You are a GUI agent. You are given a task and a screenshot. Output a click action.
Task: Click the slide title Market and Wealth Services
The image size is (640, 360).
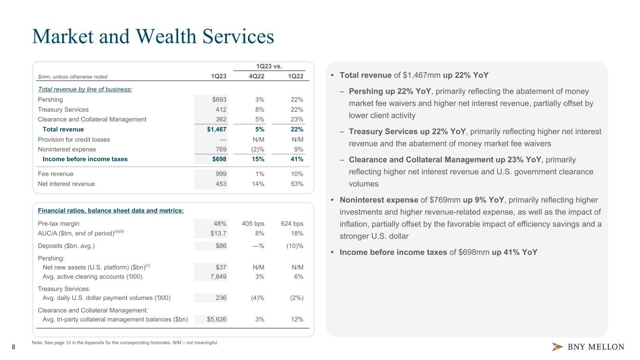(153, 37)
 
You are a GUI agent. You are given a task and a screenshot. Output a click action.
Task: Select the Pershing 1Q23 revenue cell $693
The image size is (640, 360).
(218, 100)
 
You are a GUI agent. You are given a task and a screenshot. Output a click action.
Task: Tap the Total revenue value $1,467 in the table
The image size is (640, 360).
(217, 129)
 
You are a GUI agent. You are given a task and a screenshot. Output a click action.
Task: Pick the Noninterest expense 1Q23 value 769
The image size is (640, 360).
(220, 150)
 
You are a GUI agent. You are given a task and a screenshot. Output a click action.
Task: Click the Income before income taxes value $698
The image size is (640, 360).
(218, 159)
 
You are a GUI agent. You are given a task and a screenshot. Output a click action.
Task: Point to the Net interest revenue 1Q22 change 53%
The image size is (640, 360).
(296, 184)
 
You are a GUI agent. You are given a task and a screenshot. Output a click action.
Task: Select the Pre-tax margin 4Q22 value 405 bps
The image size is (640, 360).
(253, 224)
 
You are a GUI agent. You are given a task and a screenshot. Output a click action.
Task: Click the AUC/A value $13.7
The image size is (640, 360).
(218, 233)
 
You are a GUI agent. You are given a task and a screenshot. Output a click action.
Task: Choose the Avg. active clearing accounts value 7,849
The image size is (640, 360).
(218, 277)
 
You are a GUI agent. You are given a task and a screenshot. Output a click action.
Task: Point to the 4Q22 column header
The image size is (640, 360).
(256, 77)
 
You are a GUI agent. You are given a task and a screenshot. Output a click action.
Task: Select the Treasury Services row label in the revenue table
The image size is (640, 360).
(63, 110)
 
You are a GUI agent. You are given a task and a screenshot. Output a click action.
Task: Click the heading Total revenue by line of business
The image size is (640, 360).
(85, 90)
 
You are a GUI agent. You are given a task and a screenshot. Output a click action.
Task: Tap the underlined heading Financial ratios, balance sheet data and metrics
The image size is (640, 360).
(111, 211)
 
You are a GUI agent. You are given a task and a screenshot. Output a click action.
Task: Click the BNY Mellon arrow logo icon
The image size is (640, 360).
(557, 347)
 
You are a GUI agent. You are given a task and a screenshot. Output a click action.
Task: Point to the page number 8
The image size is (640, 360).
(13, 347)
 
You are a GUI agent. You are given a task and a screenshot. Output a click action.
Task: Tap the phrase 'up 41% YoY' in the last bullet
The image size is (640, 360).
(514, 252)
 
